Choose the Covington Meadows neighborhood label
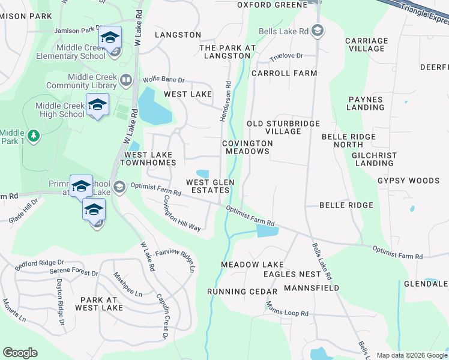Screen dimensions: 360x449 click(247, 148)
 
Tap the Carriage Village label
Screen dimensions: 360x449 click(366, 44)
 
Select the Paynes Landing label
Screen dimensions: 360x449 click(365, 103)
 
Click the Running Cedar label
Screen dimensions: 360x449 click(242, 292)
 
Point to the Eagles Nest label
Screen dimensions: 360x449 click(292, 274)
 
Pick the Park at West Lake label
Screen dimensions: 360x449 click(99, 304)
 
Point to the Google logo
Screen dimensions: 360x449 click(20, 353)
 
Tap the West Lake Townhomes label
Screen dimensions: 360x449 click(149, 158)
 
